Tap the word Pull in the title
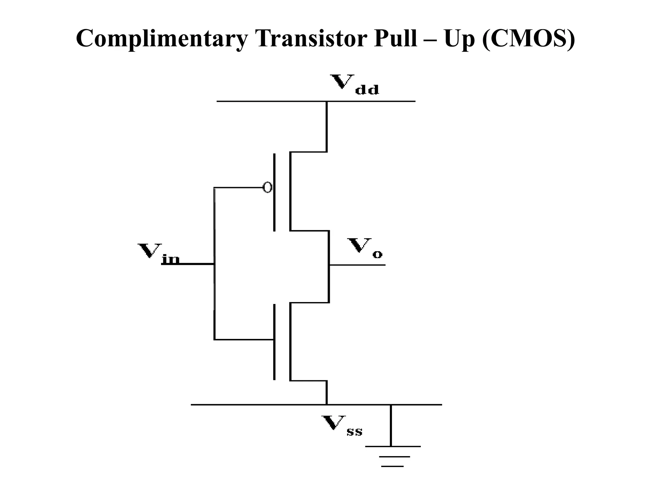[x=395, y=39]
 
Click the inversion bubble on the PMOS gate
[x=267, y=187]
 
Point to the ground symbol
[x=392, y=456]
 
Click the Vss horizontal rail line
[x=257, y=405]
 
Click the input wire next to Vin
[x=188, y=264]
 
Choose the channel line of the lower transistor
[x=290, y=342]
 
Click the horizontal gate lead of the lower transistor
[x=244, y=339]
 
